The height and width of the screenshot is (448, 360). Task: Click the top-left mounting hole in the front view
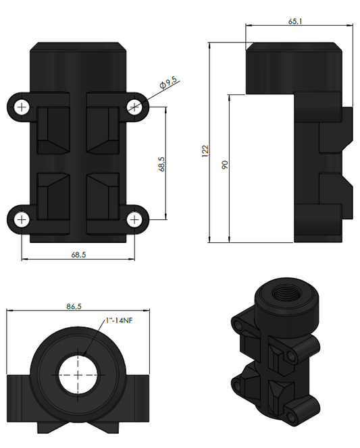coord(22,107)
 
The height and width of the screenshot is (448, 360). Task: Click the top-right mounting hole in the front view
coord(136,106)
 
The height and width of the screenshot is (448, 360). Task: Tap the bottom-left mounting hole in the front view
coord(22,220)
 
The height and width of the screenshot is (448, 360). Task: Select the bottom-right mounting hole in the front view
coord(136,219)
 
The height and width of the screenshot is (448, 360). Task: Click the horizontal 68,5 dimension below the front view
coord(78,254)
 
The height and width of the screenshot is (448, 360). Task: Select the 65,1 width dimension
coord(296,22)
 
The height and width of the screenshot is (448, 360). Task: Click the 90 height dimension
coord(225,164)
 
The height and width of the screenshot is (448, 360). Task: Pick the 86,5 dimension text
coord(74,306)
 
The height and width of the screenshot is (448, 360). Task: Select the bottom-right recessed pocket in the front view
coord(103,196)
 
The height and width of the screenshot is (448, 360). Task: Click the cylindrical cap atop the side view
coord(292,67)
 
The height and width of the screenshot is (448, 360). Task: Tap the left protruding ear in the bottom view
coord(19,398)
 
